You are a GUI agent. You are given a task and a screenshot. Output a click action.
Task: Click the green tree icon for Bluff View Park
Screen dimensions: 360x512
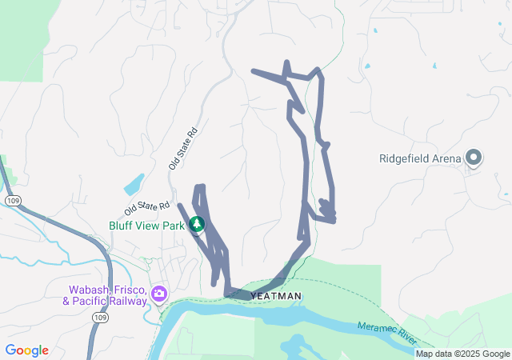coord(197,226)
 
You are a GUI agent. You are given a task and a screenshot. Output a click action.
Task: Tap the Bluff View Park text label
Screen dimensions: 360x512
coord(147,226)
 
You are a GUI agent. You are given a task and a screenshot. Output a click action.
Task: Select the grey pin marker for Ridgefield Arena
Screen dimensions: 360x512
coord(473,158)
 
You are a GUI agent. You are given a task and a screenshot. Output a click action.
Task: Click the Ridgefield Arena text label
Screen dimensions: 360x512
coord(420,158)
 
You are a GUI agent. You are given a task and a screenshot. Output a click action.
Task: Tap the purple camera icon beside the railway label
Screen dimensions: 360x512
coord(159,294)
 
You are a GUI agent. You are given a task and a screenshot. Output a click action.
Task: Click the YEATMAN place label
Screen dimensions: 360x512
coord(277,296)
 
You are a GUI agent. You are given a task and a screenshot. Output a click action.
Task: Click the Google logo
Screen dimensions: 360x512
coord(26,350)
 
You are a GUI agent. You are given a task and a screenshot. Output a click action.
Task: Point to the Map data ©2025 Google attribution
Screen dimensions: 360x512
coord(462,354)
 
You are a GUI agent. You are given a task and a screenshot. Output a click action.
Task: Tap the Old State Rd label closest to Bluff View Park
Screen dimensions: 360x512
coord(147,209)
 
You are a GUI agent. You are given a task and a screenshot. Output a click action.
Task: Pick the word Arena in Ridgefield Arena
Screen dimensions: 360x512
coord(446,158)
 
